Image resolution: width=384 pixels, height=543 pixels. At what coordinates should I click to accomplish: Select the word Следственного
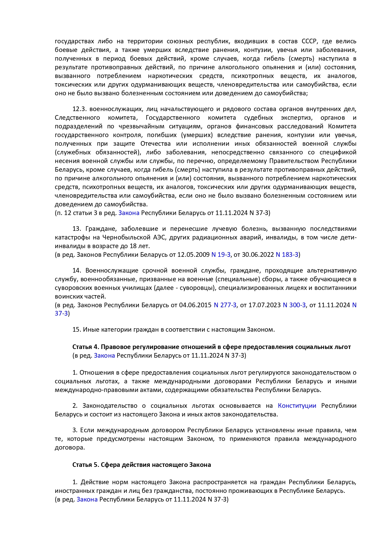pyautogui.click(x=77, y=118)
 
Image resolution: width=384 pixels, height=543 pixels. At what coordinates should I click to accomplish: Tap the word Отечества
pyautogui.click(x=155, y=144)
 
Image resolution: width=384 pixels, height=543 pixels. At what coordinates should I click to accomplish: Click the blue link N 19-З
pyautogui.click(x=221, y=255)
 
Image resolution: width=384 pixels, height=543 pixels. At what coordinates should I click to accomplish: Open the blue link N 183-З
pyautogui.click(x=287, y=255)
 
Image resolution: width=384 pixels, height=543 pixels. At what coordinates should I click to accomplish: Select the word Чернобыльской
pyautogui.click(x=130, y=237)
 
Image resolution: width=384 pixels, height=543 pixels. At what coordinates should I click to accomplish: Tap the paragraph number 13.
pyautogui.click(x=77, y=229)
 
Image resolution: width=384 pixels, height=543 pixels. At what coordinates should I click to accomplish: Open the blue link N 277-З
pyautogui.click(x=225, y=305)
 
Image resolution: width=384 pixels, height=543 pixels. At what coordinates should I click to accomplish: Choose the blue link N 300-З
pyautogui.click(x=294, y=305)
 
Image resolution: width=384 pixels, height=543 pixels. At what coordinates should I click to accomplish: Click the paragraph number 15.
pyautogui.click(x=77, y=330)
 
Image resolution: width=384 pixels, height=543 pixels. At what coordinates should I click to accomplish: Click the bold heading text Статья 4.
pyautogui.click(x=85, y=347)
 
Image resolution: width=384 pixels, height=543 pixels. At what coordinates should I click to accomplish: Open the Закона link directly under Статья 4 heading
pyautogui.click(x=104, y=356)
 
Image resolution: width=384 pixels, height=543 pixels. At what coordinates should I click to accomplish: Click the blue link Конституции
pyautogui.click(x=297, y=406)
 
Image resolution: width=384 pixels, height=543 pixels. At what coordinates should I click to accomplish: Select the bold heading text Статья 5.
pyautogui.click(x=85, y=465)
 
